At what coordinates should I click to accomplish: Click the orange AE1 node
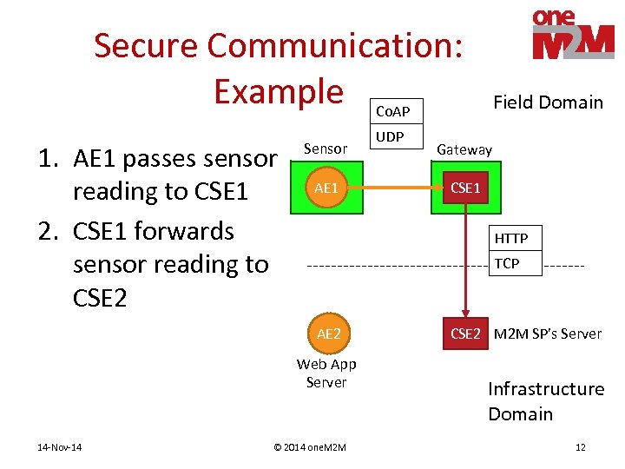pos(326,188)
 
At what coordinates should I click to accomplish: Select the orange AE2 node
pos(328,334)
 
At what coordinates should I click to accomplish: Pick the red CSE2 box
pos(465,334)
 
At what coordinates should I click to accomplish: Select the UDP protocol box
pos(390,137)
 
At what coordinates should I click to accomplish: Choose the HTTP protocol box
pos(511,238)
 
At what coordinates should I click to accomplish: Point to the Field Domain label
pos(548,102)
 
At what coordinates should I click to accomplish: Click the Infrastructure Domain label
pos(545,401)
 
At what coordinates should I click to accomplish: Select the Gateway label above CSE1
pos(464,149)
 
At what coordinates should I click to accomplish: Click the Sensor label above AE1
pos(325,149)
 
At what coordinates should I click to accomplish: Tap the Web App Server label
pos(326,373)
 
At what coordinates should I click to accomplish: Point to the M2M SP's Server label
pos(547,334)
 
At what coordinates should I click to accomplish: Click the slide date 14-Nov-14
pos(59,447)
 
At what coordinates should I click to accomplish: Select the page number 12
pos(580,447)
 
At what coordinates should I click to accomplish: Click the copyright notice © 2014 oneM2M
pos(309,447)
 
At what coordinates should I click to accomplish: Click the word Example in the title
pos(279,90)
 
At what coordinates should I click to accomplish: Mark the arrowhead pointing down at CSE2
pos(465,316)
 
